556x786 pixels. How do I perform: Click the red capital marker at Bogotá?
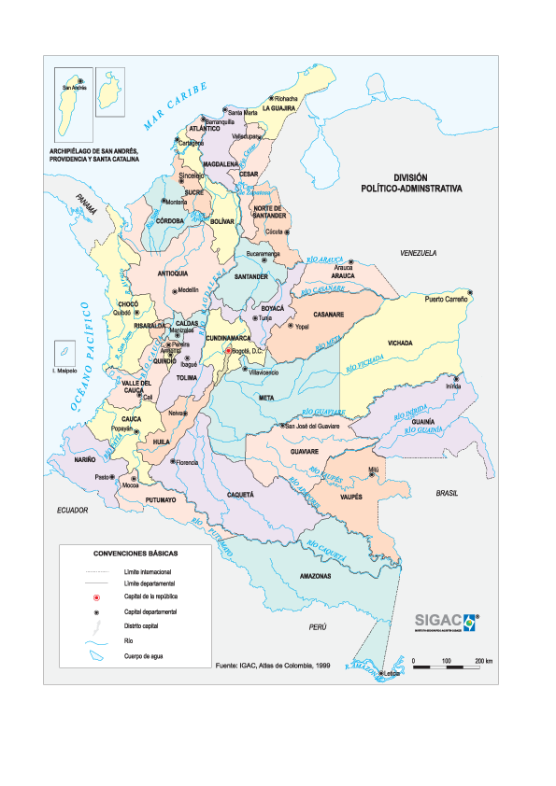(x=226, y=352)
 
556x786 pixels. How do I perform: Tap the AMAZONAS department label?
(x=315, y=576)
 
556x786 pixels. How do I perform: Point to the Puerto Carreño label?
(x=445, y=300)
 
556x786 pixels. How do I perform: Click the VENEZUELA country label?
(x=419, y=254)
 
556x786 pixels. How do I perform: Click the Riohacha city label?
(x=287, y=98)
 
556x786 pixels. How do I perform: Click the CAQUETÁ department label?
(x=240, y=494)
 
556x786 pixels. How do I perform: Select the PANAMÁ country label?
(x=87, y=204)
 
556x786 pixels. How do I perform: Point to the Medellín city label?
(x=188, y=290)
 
